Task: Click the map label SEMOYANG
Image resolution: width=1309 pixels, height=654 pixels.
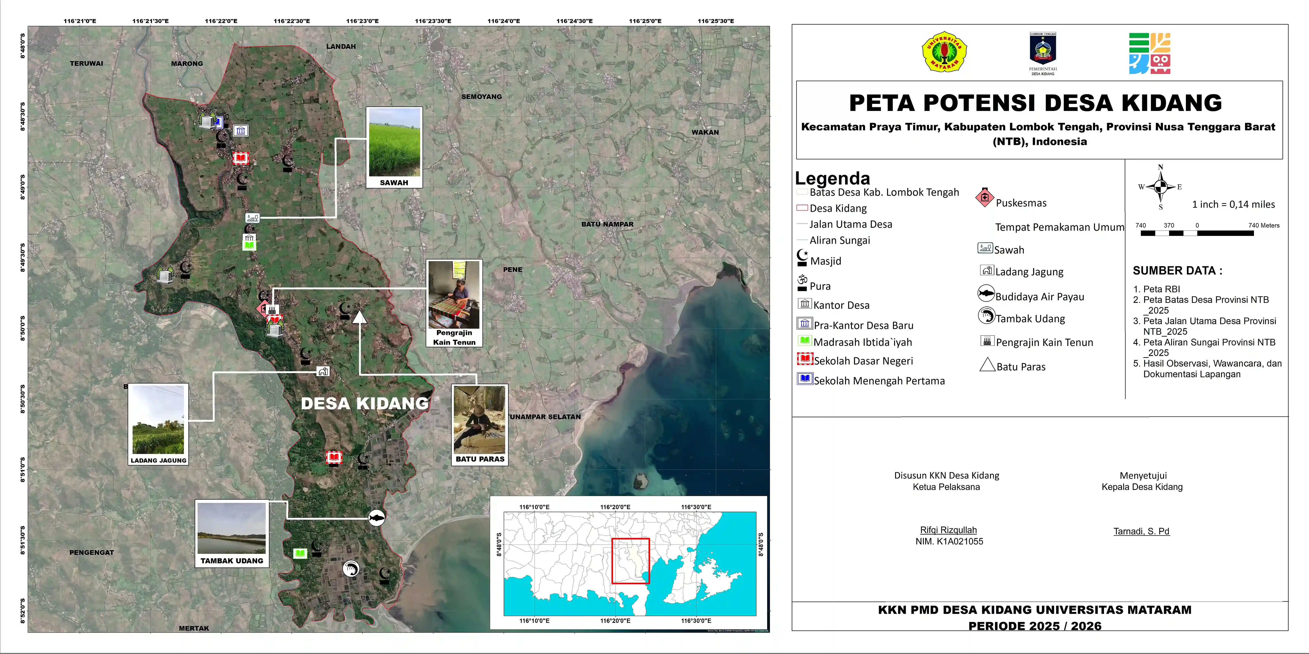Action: (x=481, y=97)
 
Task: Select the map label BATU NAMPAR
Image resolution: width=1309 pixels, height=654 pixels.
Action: (x=607, y=224)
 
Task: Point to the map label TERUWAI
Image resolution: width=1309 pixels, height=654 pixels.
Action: (x=86, y=64)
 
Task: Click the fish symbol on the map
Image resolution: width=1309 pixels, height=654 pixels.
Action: (x=376, y=517)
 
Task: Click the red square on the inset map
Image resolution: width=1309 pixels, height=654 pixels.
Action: (x=630, y=561)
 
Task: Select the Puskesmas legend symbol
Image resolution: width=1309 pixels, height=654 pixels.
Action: (x=984, y=197)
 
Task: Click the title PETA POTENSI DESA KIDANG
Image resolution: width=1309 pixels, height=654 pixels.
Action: (x=1035, y=103)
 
